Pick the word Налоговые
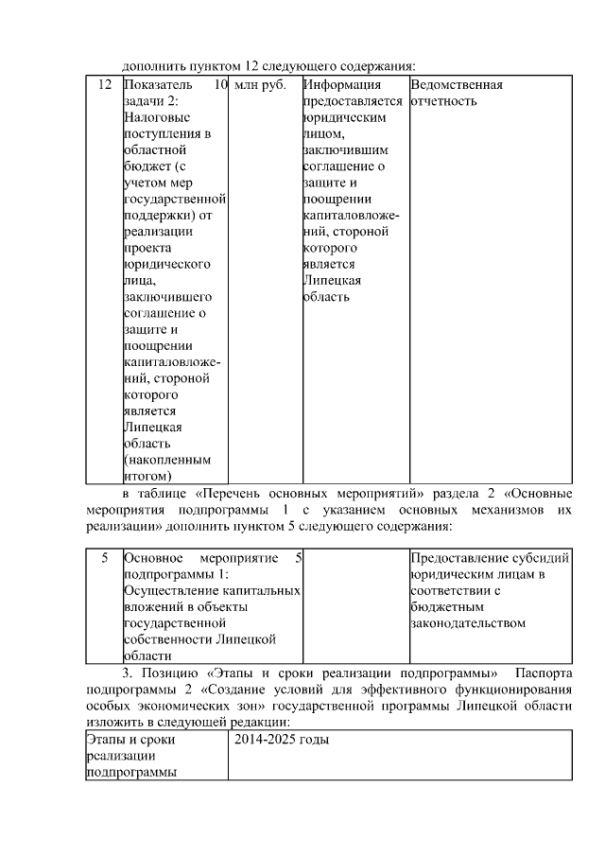(x=157, y=117)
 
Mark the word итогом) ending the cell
(x=147, y=475)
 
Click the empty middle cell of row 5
(x=354, y=605)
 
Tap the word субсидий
(x=546, y=558)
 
